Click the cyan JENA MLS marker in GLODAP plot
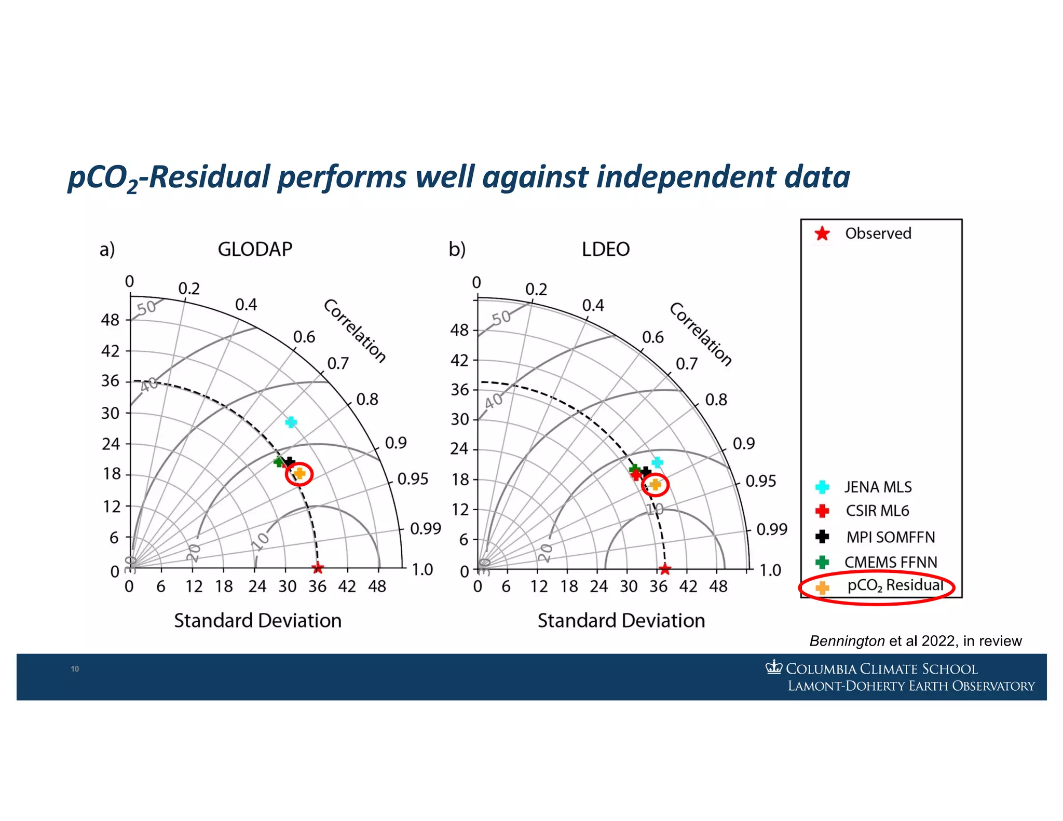pos(291,422)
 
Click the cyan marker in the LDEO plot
pos(657,462)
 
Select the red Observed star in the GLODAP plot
pos(318,568)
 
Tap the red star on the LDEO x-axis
pos(665,569)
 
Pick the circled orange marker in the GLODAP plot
pos(299,473)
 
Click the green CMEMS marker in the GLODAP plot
pos(279,461)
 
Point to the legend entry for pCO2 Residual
pos(895,586)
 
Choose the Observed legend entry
pos(878,234)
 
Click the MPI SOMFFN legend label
pos(890,537)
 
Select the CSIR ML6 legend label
pos(877,511)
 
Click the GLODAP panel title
pos(255,249)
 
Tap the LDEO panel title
pos(605,250)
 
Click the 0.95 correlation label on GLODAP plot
pos(413,478)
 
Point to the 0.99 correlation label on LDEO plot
pos(771,529)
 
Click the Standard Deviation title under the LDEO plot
pos(621,621)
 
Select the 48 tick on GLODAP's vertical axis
pos(110,320)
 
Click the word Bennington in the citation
pos(847,641)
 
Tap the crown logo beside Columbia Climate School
pos(773,667)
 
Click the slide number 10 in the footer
pos(75,669)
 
